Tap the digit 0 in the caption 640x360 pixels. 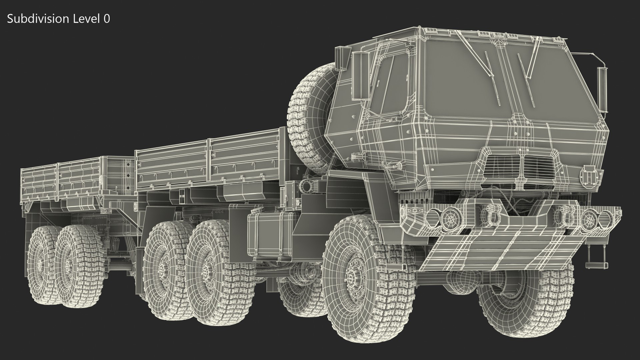(x=106, y=19)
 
